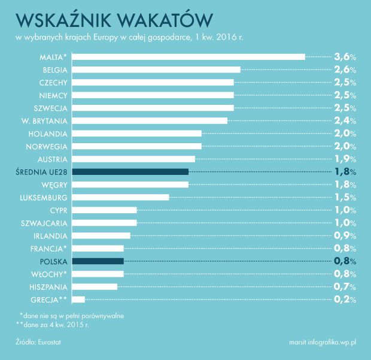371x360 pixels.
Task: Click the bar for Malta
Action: coord(188,57)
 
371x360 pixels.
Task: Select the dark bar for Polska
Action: coord(98,261)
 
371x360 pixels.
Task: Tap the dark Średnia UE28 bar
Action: coord(130,172)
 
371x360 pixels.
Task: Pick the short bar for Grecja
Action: coord(78,300)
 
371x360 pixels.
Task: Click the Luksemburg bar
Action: coord(120,197)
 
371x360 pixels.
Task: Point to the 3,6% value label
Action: coord(345,57)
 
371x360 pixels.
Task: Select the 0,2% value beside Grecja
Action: coord(345,300)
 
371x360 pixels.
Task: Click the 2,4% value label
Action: coord(345,121)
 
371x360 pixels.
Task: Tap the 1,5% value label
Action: coord(345,197)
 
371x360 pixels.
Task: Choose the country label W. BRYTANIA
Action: coord(44,121)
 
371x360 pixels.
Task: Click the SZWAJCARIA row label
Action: coord(44,223)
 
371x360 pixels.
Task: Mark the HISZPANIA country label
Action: coord(48,287)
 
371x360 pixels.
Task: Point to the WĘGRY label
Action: coord(54,185)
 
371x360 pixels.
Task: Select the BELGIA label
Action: coord(55,70)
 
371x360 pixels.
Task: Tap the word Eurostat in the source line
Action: coord(50,342)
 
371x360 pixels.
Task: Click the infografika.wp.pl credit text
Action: coord(332,342)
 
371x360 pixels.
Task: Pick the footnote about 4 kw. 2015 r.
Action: coord(52,325)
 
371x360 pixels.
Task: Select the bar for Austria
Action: coord(133,159)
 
